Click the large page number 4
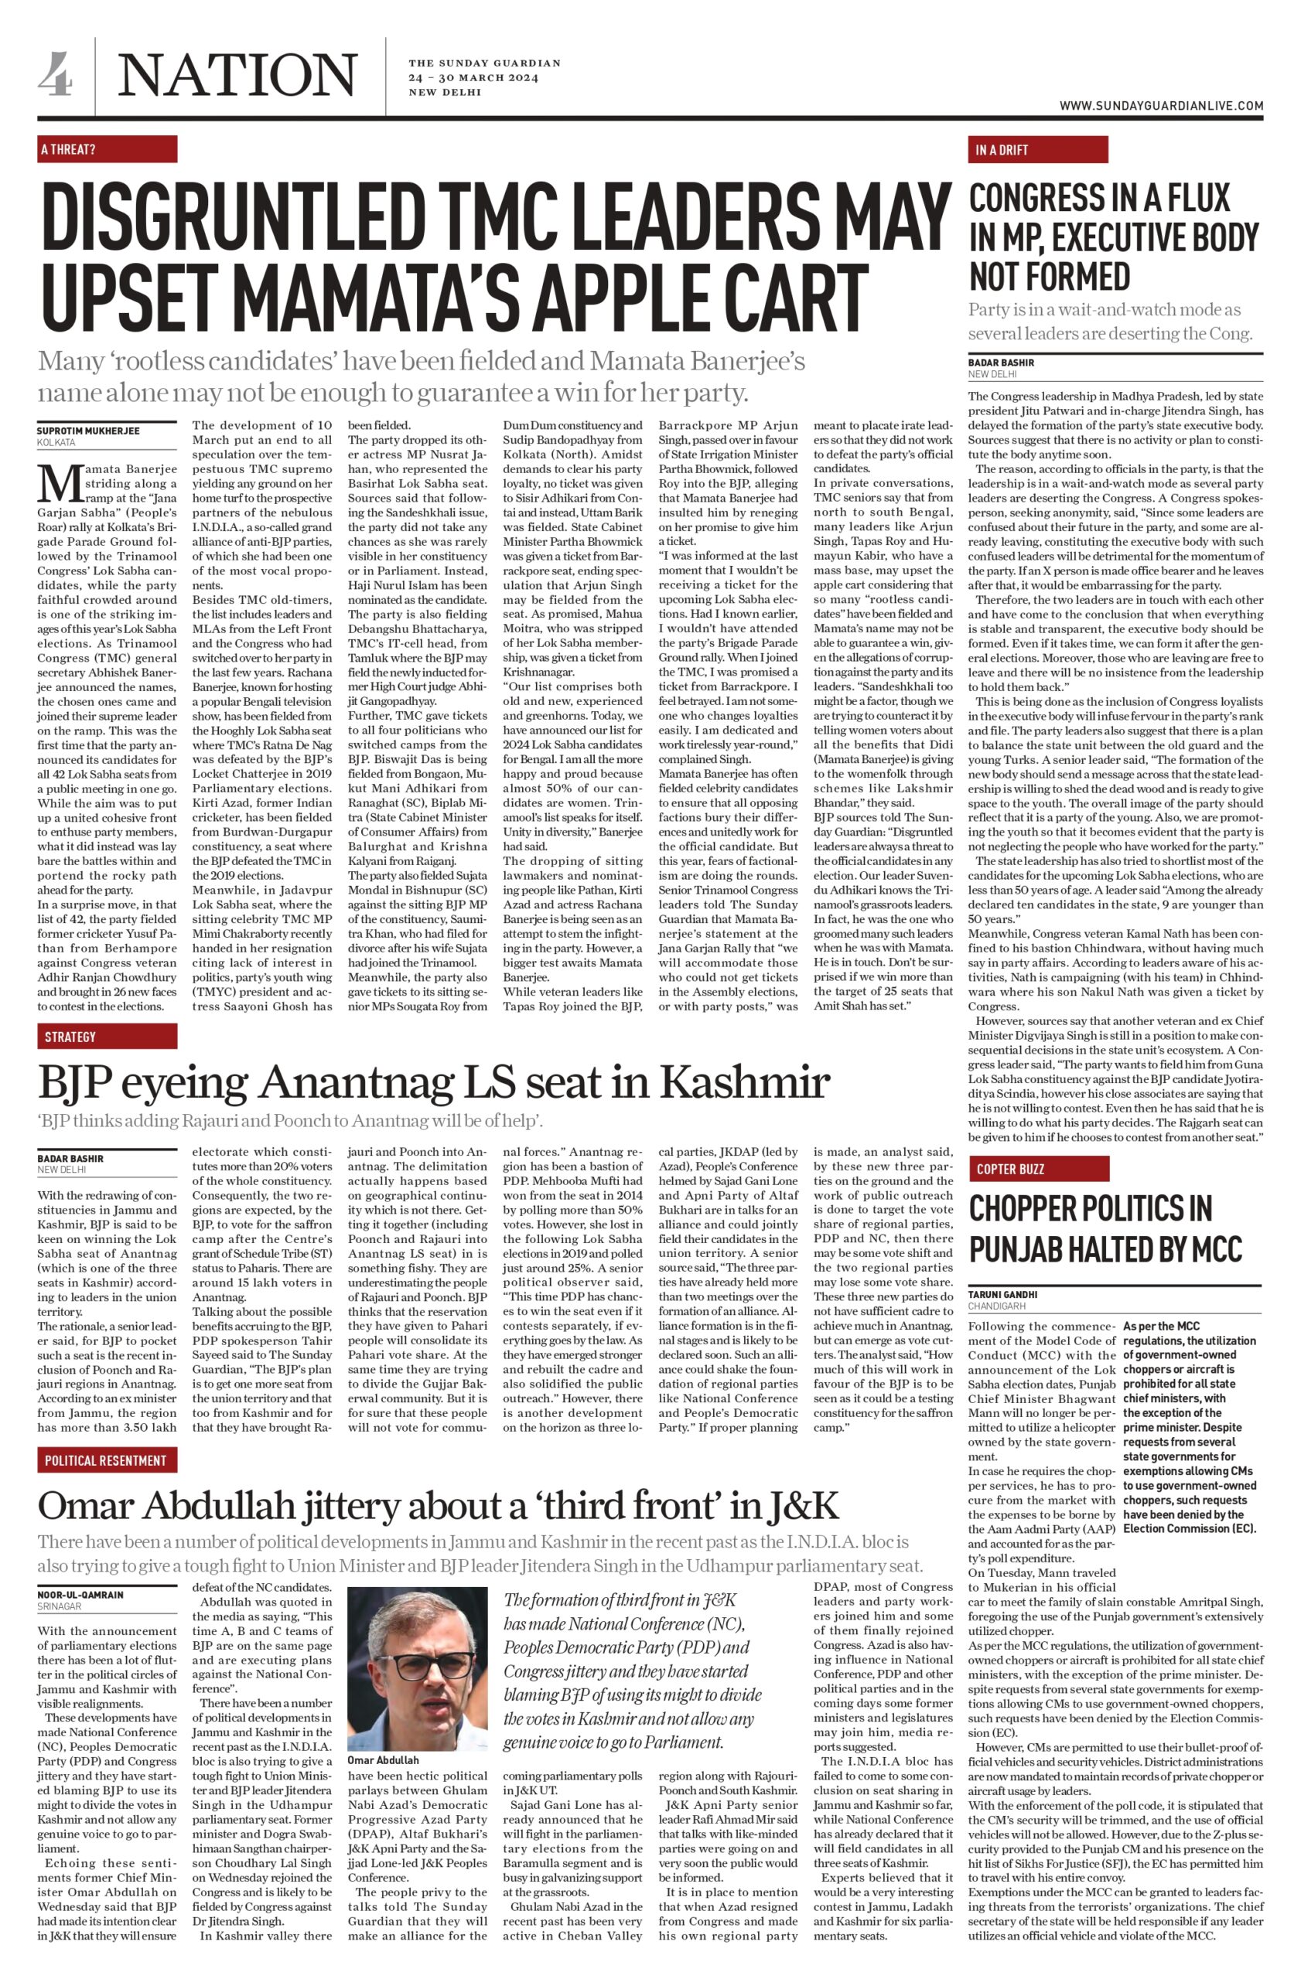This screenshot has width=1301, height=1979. [x=55, y=74]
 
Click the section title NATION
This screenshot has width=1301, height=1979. [x=238, y=75]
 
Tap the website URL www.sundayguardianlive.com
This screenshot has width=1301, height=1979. [x=1160, y=106]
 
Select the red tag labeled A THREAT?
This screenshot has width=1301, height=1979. [x=108, y=150]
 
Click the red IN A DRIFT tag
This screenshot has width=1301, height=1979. [x=1037, y=150]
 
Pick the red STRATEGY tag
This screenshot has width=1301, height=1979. [x=108, y=1036]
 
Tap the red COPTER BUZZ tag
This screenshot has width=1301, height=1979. [x=1037, y=1168]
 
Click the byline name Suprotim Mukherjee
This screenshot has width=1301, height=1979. [x=88, y=431]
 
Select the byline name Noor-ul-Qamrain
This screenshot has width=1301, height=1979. [x=80, y=1594]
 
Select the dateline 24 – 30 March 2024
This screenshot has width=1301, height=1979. [x=473, y=78]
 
